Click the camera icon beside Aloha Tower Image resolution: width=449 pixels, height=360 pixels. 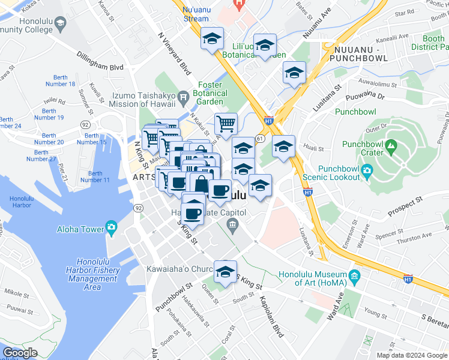click(x=111, y=228)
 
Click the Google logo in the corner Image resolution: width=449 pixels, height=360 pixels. click(x=20, y=353)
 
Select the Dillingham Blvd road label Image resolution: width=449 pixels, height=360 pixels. click(x=100, y=61)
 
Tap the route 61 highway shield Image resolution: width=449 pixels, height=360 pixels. click(x=259, y=138)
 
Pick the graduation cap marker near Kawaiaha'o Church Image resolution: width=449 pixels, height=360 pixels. click(x=226, y=272)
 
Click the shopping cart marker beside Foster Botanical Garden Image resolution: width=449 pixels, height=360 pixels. click(x=226, y=124)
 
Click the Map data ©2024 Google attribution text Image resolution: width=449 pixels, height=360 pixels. click(x=411, y=355)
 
